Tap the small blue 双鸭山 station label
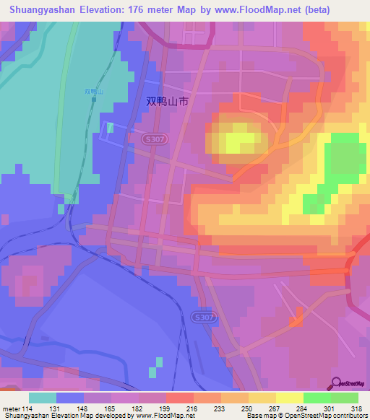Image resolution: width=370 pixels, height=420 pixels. pyautogui.click(x=95, y=92)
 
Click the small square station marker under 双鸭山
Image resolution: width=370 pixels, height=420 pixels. pyautogui.click(x=95, y=99)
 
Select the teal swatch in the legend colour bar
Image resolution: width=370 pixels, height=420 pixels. pyautogui.click(x=43, y=397)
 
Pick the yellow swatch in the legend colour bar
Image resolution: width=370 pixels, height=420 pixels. pyautogui.click(x=289, y=397)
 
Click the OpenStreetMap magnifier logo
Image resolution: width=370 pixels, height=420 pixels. pyautogui.click(x=337, y=384)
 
